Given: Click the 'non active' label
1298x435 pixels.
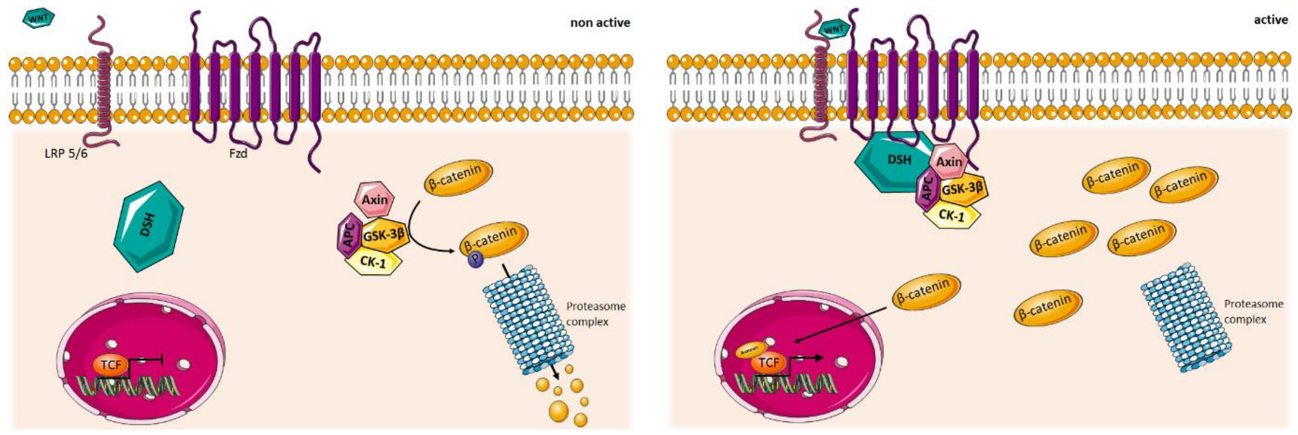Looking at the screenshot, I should coord(600,23).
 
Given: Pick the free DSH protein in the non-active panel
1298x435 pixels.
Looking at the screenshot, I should coord(148,226).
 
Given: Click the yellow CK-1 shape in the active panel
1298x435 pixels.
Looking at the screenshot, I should coord(951,216).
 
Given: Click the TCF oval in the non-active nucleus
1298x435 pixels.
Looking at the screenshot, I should coord(111,364).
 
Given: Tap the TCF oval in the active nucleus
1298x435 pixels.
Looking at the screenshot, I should coord(769,362).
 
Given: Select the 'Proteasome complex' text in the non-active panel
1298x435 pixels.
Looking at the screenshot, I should coord(595,313).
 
